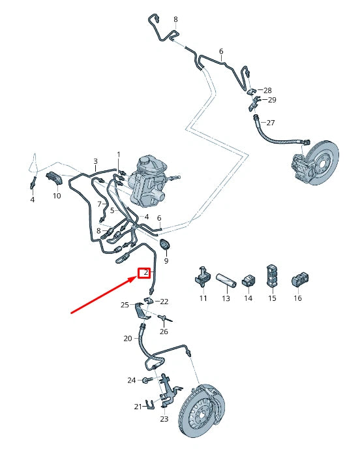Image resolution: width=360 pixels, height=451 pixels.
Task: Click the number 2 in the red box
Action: pyautogui.click(x=145, y=272)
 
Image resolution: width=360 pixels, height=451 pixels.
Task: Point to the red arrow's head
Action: pyautogui.click(x=136, y=278)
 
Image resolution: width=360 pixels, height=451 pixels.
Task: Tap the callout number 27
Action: pyautogui.click(x=271, y=123)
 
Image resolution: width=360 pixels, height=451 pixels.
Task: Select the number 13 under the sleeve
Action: pyautogui.click(x=226, y=298)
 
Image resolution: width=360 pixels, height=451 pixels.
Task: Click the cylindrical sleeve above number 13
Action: pyautogui.click(x=226, y=279)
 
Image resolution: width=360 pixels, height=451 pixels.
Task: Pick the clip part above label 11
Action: pyautogui.click(x=202, y=277)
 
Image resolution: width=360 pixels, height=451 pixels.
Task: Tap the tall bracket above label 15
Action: pyautogui.click(x=271, y=276)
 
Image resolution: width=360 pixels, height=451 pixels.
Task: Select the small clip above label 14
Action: pyautogui.click(x=248, y=279)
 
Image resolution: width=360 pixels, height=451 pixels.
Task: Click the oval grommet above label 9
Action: pyautogui.click(x=164, y=245)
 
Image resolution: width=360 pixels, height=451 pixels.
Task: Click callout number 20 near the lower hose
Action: pyautogui.click(x=128, y=338)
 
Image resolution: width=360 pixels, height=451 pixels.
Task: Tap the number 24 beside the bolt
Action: pyautogui.click(x=131, y=380)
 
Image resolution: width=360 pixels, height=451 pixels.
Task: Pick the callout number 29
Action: pyautogui.click(x=272, y=100)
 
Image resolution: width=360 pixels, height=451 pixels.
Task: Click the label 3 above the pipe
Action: pyautogui.click(x=95, y=161)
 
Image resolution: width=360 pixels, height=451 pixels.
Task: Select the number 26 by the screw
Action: pyautogui.click(x=164, y=332)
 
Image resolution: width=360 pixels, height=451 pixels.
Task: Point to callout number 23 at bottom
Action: pyautogui.click(x=164, y=419)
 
